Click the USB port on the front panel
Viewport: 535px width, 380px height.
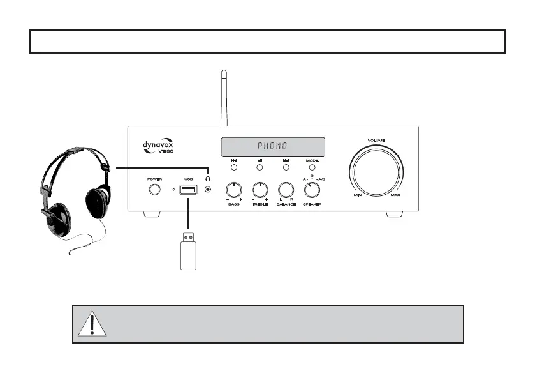(x=188, y=190)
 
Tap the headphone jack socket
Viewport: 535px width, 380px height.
(x=207, y=190)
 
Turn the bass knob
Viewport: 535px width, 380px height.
(x=234, y=190)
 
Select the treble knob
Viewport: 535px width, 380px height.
(x=260, y=190)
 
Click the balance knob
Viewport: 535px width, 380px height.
(x=286, y=190)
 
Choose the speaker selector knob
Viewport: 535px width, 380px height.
(x=312, y=190)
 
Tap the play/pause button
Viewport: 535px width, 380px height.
(x=260, y=167)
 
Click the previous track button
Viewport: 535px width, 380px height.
(x=234, y=167)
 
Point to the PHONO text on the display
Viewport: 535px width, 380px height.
(x=272, y=147)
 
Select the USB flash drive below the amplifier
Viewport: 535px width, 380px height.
(x=187, y=253)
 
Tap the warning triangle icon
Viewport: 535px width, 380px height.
(x=92, y=324)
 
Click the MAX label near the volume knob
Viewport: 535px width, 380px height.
(x=395, y=195)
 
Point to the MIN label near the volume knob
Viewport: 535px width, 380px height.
(x=358, y=195)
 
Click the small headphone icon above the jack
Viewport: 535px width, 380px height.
(x=207, y=179)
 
